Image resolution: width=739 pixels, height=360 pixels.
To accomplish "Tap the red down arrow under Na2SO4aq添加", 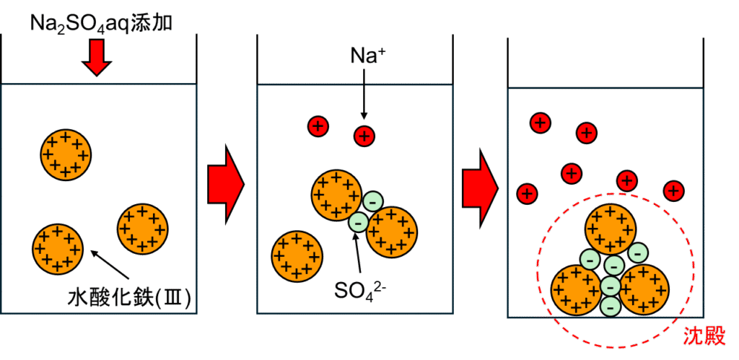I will click(x=97, y=58).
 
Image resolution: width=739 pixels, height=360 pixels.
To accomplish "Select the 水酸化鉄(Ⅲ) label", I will click(x=130, y=297).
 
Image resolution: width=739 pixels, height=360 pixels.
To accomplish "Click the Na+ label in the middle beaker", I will click(x=364, y=56).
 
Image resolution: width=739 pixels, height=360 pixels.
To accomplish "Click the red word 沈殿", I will click(x=704, y=335).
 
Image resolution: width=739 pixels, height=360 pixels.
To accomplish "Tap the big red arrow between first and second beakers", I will click(x=226, y=184).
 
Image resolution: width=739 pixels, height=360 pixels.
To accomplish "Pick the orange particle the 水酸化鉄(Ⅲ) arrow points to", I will click(x=58, y=249).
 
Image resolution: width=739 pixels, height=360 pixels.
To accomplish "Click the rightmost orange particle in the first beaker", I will click(x=143, y=229).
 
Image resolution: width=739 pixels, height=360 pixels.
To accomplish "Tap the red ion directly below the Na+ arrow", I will click(x=364, y=135).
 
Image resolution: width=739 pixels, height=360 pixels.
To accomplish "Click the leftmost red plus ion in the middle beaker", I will click(x=318, y=126).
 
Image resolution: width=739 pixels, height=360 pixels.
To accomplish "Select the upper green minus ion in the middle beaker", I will click(x=372, y=201).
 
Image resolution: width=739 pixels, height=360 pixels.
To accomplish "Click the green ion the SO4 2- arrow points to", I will click(x=358, y=222).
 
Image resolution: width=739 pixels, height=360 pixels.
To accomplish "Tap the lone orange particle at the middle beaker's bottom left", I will click(x=297, y=255).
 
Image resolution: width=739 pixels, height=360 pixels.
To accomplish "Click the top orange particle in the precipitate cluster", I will click(x=611, y=229).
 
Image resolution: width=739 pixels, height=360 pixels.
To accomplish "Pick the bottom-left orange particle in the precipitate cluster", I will click(x=577, y=290).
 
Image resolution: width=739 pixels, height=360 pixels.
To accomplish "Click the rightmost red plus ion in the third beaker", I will click(x=673, y=190).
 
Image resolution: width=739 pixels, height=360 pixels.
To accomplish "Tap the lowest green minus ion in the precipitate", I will click(x=611, y=306).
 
